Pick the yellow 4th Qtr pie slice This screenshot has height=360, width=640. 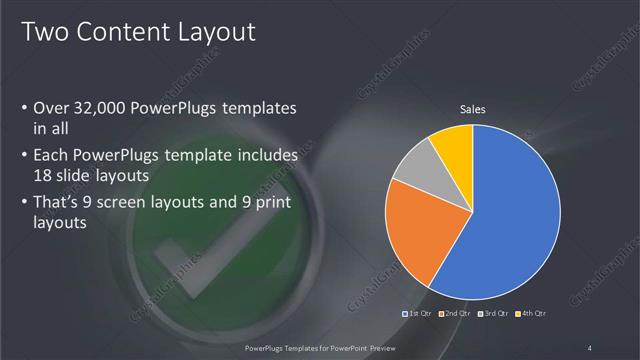tap(453, 145)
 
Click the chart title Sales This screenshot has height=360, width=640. tap(472, 109)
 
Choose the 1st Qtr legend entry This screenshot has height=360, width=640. tap(419, 314)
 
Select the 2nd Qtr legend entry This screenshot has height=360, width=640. tap(456, 314)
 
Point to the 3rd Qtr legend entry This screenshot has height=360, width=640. tap(494, 314)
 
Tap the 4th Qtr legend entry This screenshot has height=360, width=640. tap(531, 314)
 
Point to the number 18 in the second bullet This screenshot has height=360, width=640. tap(44, 175)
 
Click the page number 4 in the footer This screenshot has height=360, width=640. tap(590, 347)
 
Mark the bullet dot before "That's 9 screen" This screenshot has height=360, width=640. tap(24, 204)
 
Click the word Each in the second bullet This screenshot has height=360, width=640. tap(52, 156)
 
